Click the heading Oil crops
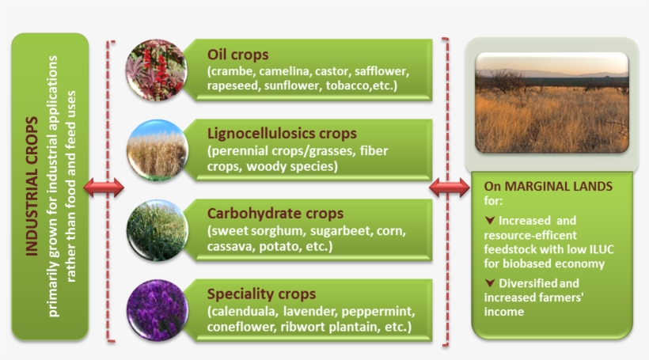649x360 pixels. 237,55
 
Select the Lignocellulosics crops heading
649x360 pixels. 282,134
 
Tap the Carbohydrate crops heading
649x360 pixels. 275,214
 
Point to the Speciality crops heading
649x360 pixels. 261,294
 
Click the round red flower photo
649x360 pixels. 157,70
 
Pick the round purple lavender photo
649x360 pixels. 158,310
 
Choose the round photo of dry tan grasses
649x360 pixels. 158,150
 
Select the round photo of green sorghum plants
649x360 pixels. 158,230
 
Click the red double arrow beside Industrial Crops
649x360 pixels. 104,188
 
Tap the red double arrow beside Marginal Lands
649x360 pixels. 450,188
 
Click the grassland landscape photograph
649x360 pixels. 552,103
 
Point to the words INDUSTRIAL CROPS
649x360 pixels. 32,186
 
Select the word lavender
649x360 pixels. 309,311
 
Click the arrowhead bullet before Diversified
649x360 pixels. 490,283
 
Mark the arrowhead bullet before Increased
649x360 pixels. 490,221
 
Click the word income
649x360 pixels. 503,312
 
